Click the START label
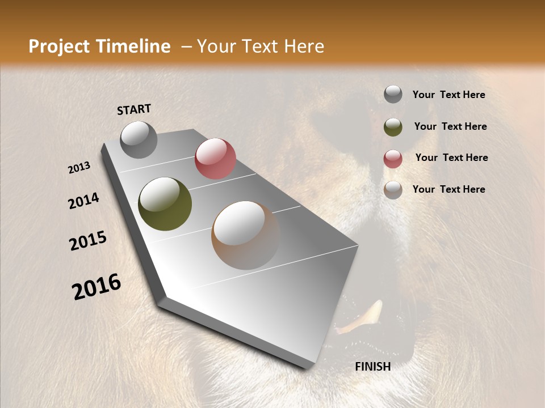pyautogui.click(x=134, y=109)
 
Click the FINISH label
pyautogui.click(x=372, y=367)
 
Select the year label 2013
pyautogui.click(x=79, y=168)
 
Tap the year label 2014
pyautogui.click(x=83, y=201)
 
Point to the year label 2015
pyautogui.click(x=88, y=241)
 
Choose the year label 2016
pyautogui.click(x=97, y=287)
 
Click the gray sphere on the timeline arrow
pyautogui.click(x=139, y=139)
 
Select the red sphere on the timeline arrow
pyautogui.click(x=215, y=159)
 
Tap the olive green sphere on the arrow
pyautogui.click(x=165, y=204)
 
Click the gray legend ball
pyautogui.click(x=393, y=95)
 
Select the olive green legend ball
pyautogui.click(x=393, y=127)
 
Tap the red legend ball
pyautogui.click(x=393, y=159)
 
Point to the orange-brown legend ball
pyautogui.click(x=393, y=190)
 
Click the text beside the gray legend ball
pyautogui.click(x=448, y=95)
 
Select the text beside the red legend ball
pyautogui.click(x=451, y=158)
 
